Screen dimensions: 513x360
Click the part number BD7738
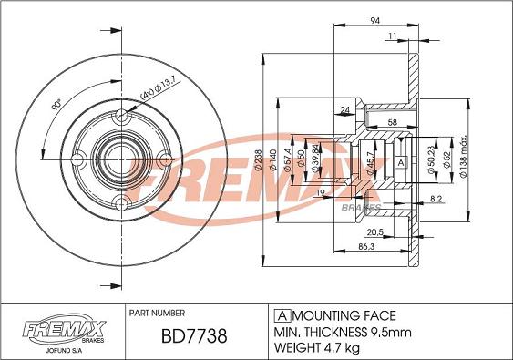194,336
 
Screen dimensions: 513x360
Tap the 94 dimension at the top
375,20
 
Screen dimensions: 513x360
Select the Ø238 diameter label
258,160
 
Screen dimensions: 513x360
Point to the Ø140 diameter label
272,160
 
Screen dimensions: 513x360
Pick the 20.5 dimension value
374,232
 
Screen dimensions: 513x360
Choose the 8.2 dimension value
436,199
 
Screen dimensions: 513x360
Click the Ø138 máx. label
464,157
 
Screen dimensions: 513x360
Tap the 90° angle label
56,106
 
